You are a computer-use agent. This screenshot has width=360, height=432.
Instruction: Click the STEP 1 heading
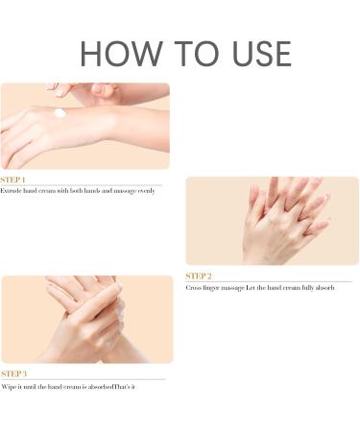(13, 180)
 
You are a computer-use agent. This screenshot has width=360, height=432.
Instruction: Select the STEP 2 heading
(198, 276)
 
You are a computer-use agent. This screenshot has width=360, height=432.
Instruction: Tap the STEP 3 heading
(13, 373)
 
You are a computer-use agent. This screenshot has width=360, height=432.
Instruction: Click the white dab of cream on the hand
(60, 113)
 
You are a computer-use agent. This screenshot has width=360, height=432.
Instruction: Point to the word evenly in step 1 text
(143, 191)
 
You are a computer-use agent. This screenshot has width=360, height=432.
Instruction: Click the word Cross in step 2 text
(194, 287)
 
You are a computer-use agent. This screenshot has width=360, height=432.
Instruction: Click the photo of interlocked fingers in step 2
(272, 220)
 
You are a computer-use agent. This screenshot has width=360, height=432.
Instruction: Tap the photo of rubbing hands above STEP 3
(86, 320)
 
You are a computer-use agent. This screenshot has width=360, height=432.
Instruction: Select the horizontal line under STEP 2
(269, 281)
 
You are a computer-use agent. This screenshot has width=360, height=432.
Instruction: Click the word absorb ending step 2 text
(324, 287)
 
